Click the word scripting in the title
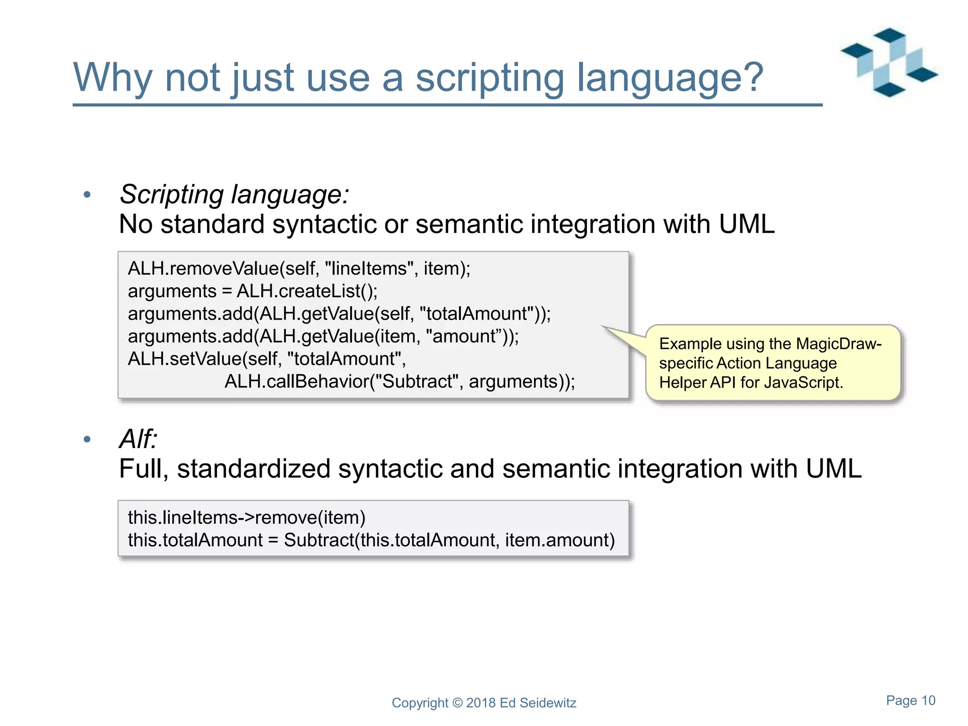(x=489, y=78)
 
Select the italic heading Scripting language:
(x=234, y=194)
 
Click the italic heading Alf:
(x=138, y=439)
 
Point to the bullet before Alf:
(x=87, y=440)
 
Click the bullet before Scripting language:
(x=87, y=195)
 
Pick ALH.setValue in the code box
(x=184, y=359)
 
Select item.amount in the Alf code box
(x=560, y=540)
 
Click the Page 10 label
(x=910, y=700)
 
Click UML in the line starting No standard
(x=746, y=224)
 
